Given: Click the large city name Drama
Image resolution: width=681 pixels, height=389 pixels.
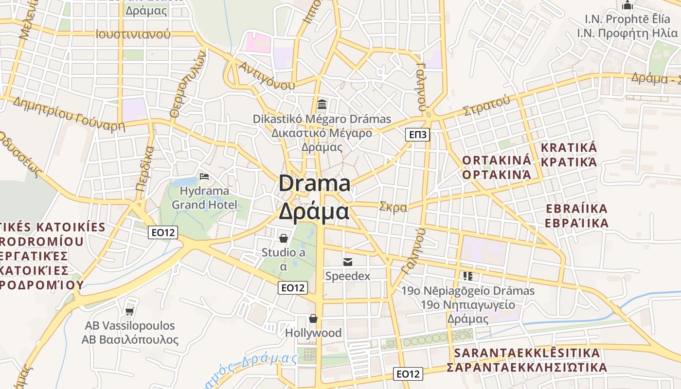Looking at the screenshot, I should [x=314, y=184].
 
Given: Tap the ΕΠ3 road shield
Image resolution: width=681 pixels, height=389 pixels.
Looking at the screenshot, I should [x=418, y=135].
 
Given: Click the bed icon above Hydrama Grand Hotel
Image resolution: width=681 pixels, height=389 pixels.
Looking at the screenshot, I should [x=204, y=176].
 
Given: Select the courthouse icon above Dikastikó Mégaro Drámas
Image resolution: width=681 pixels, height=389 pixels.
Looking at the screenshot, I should [x=322, y=104].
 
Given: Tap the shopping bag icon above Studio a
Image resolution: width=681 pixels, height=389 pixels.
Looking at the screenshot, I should [x=283, y=238].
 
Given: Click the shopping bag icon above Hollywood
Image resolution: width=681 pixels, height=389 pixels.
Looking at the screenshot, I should [x=313, y=318].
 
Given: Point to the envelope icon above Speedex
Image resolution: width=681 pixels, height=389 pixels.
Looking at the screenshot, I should [x=348, y=262].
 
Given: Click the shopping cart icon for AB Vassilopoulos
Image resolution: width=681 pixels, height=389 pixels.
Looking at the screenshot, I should [x=129, y=311].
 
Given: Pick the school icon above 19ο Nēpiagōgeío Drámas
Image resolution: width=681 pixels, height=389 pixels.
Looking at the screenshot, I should [x=468, y=276].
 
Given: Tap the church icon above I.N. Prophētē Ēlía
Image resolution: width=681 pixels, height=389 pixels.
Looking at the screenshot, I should [x=627, y=5].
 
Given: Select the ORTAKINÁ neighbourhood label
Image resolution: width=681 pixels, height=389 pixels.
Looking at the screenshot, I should [x=497, y=160].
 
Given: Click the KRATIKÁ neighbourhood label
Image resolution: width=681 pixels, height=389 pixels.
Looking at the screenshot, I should [x=569, y=148].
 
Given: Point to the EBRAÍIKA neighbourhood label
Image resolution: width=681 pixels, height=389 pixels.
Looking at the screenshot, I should [x=577, y=209].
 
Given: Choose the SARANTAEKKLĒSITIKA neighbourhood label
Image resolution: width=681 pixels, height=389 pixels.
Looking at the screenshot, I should [x=527, y=353].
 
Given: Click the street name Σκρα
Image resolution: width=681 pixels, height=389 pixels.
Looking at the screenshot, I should [x=393, y=207].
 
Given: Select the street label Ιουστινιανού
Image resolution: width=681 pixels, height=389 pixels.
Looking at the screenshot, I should [x=133, y=35].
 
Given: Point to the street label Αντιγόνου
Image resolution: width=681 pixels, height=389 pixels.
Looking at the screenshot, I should [x=266, y=75].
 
